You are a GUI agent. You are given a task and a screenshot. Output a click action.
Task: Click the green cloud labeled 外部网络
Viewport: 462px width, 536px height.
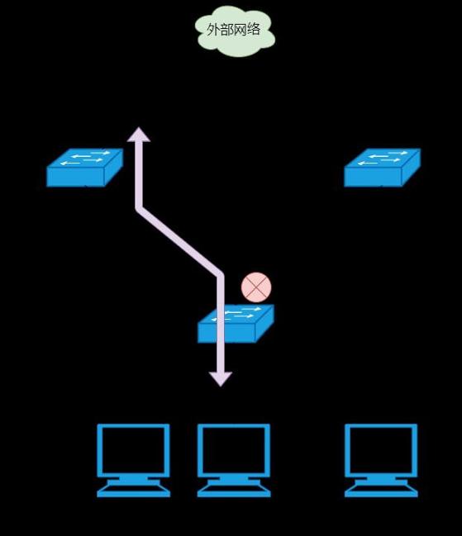(x=235, y=31)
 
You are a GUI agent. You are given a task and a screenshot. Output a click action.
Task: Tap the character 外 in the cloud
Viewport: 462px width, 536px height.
(x=213, y=30)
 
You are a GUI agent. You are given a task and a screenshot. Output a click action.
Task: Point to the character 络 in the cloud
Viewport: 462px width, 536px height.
(x=254, y=29)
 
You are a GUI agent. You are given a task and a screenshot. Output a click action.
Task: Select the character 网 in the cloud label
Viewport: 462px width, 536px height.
(x=240, y=30)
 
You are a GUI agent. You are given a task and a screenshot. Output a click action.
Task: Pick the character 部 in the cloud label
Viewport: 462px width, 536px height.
(x=226, y=30)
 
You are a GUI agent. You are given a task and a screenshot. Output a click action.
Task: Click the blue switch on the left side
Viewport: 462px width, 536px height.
(x=84, y=168)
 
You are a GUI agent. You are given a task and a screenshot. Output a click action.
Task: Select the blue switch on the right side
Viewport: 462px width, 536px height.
(x=383, y=168)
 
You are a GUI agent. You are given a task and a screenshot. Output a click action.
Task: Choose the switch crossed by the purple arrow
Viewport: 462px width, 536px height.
(x=236, y=324)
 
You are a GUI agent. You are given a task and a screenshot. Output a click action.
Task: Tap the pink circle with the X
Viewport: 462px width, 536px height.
(x=256, y=287)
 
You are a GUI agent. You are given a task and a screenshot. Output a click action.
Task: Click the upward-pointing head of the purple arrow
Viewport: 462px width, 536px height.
(x=139, y=134)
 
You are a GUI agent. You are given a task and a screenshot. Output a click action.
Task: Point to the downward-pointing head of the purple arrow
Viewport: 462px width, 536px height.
(x=221, y=379)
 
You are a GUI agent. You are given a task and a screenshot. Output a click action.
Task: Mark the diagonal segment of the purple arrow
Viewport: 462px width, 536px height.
(x=180, y=242)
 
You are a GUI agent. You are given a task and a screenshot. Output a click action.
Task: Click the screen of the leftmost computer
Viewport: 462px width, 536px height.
(x=133, y=451)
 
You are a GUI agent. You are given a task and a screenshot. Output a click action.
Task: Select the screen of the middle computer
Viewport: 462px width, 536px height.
(x=234, y=451)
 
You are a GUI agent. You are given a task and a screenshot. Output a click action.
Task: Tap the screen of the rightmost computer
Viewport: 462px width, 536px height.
(x=381, y=451)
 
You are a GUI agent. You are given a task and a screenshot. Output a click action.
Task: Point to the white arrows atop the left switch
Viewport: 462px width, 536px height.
(x=85, y=158)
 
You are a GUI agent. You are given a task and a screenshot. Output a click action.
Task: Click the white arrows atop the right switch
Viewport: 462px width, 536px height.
(x=383, y=158)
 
